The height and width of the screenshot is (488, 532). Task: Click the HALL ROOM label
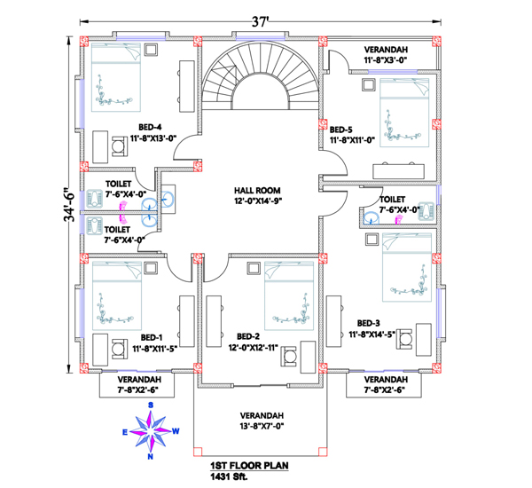tap(257, 195)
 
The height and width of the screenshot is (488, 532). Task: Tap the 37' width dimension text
tap(260, 22)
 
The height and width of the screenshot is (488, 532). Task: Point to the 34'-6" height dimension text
tap(69, 204)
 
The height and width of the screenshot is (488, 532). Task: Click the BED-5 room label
tap(352, 135)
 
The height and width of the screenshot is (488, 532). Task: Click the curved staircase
tap(261, 75)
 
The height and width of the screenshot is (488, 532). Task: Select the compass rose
tap(151, 431)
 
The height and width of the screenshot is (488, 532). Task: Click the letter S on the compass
tap(151, 405)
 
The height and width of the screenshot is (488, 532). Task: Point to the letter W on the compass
tap(176, 431)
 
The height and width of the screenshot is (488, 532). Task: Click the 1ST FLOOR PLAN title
tap(250, 466)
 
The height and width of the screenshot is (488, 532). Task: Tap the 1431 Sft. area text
tap(230, 476)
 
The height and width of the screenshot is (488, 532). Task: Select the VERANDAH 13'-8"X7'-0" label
tap(262, 421)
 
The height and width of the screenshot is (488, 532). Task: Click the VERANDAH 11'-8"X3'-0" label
tap(386, 55)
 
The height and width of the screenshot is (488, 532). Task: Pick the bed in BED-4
tap(115, 77)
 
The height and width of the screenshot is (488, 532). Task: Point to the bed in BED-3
tap(407, 267)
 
